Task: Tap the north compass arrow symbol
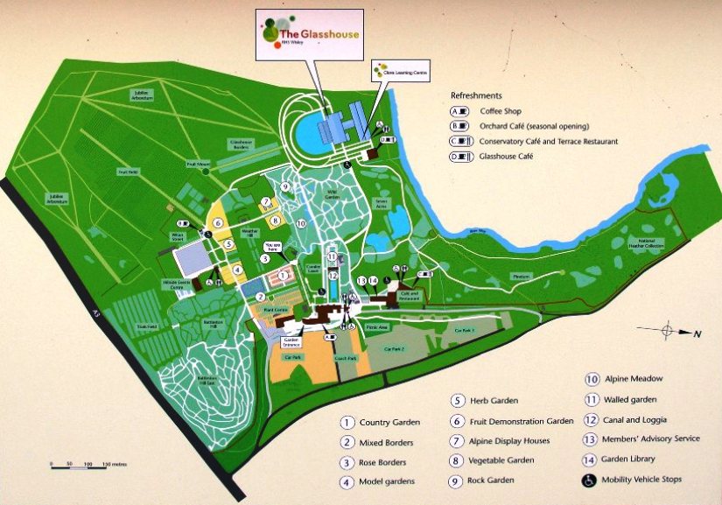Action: click(669, 332)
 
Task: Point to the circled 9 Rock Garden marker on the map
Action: click(285, 186)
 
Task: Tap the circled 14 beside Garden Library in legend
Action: click(590, 459)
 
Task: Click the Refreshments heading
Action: click(476, 95)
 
